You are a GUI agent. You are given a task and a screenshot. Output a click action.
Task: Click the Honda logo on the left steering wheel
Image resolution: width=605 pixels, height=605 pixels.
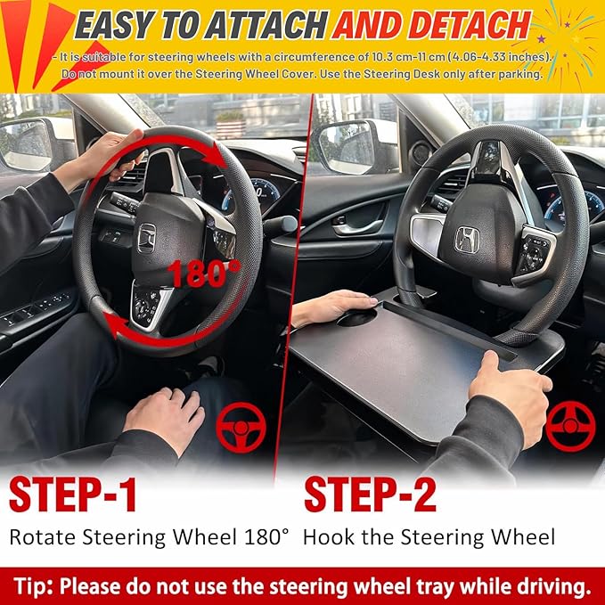click(147, 236)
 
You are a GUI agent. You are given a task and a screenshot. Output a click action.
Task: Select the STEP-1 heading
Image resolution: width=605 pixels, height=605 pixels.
click(73, 495)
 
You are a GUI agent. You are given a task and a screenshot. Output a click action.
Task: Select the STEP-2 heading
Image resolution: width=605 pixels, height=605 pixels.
click(374, 495)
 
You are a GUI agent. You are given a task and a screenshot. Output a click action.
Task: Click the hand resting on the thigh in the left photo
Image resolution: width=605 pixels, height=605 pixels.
click(165, 414)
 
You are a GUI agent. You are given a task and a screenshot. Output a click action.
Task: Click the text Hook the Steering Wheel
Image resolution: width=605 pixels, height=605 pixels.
click(429, 537)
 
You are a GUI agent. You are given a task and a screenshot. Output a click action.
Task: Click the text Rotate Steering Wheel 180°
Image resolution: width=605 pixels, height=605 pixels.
click(150, 537)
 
